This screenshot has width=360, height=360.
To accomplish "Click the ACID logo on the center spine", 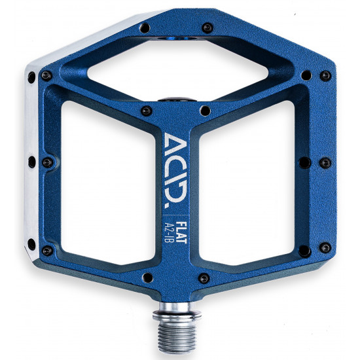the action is tap(176, 170).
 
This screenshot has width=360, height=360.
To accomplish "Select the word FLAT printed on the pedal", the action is tap(181, 232).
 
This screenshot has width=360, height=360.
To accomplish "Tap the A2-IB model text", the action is tap(170, 233).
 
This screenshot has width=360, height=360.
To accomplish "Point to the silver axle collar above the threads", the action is tap(176, 312).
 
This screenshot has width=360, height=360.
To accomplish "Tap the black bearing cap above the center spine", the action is tap(177, 99).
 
